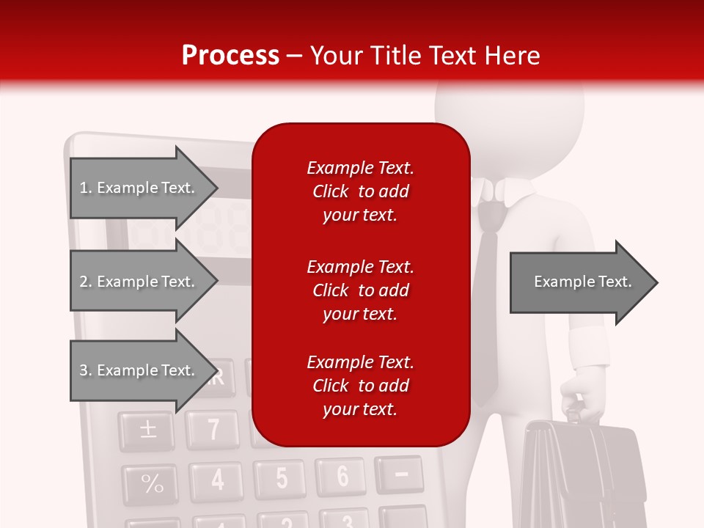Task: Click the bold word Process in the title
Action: pos(230,56)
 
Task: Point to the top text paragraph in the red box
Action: pos(360,191)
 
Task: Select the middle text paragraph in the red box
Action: pos(360,290)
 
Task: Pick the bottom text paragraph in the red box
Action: pos(360,386)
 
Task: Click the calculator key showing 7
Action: pos(213,429)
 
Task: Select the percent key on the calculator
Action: pos(151,484)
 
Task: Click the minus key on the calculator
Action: pos(400,474)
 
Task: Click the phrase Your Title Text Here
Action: pos(425,56)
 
